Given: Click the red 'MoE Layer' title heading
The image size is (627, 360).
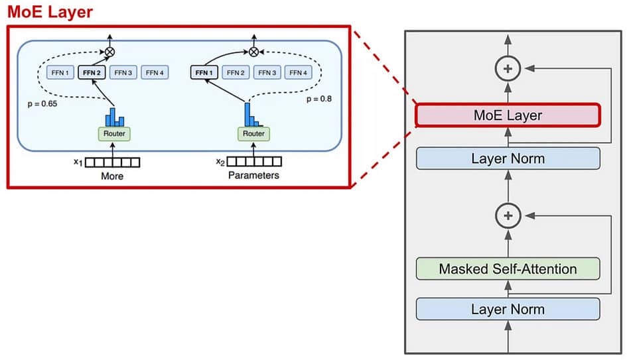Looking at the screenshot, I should coord(50,11).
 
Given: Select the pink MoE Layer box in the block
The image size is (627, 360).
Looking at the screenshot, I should coord(508,115).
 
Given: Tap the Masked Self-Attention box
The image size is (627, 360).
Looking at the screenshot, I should coord(508,269).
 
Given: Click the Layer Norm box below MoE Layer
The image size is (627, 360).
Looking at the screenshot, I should coord(508,158).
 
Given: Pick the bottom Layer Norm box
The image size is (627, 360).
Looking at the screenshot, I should coord(508,309).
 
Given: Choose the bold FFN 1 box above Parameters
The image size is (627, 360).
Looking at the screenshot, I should coord(204,72).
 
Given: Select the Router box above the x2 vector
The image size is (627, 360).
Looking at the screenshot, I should coord(253,134).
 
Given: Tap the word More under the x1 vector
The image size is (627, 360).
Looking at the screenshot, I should coord(112,176).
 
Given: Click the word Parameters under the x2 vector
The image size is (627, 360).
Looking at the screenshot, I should coord(253,176).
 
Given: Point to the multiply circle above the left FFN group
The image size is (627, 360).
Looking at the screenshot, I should coord(110,51).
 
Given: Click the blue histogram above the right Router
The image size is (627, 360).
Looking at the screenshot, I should coord(253,115).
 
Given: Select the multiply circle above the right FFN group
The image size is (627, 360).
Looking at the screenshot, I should coord(253,51).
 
